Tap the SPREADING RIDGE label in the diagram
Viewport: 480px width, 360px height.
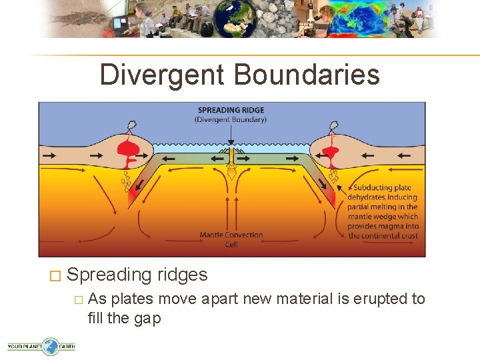(x=231, y=110)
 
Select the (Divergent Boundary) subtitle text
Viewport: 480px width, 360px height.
(x=231, y=120)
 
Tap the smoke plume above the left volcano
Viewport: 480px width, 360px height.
(x=133, y=125)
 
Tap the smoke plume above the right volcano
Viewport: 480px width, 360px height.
(x=331, y=125)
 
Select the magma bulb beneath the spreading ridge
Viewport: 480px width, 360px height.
(x=231, y=173)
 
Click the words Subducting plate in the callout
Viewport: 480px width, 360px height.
(x=382, y=188)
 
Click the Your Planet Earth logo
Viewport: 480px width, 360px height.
(x=41, y=346)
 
